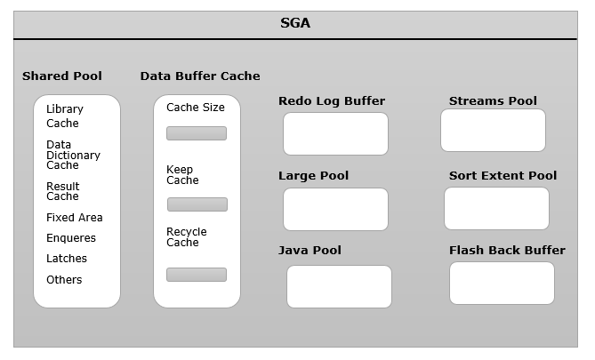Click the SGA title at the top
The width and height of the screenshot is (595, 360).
tap(295, 24)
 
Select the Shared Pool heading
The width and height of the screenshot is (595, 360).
tap(62, 76)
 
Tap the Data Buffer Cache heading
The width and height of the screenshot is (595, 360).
tap(200, 76)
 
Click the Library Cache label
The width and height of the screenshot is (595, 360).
tap(64, 116)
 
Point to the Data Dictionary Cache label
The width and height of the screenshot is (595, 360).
tap(72, 155)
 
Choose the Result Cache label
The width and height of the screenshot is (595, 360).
tap(62, 191)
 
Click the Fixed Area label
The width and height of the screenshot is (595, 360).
tap(75, 217)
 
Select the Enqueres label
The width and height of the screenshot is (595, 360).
tap(71, 238)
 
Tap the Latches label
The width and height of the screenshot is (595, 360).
tap(67, 259)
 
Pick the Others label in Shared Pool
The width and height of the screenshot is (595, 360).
tap(64, 280)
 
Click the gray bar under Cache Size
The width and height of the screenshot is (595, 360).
tap(197, 133)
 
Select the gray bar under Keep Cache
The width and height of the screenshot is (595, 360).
tap(197, 204)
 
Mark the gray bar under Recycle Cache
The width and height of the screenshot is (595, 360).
tap(197, 275)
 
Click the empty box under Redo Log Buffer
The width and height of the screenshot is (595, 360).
tap(335, 133)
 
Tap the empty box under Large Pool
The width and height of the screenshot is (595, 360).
tap(335, 209)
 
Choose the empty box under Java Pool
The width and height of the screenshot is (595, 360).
tap(339, 286)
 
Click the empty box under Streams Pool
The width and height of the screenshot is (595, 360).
tap(493, 130)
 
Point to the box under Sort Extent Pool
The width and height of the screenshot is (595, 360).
tap(496, 208)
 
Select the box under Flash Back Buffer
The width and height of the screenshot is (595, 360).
tap(502, 283)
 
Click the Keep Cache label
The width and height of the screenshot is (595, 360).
tap(182, 175)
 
